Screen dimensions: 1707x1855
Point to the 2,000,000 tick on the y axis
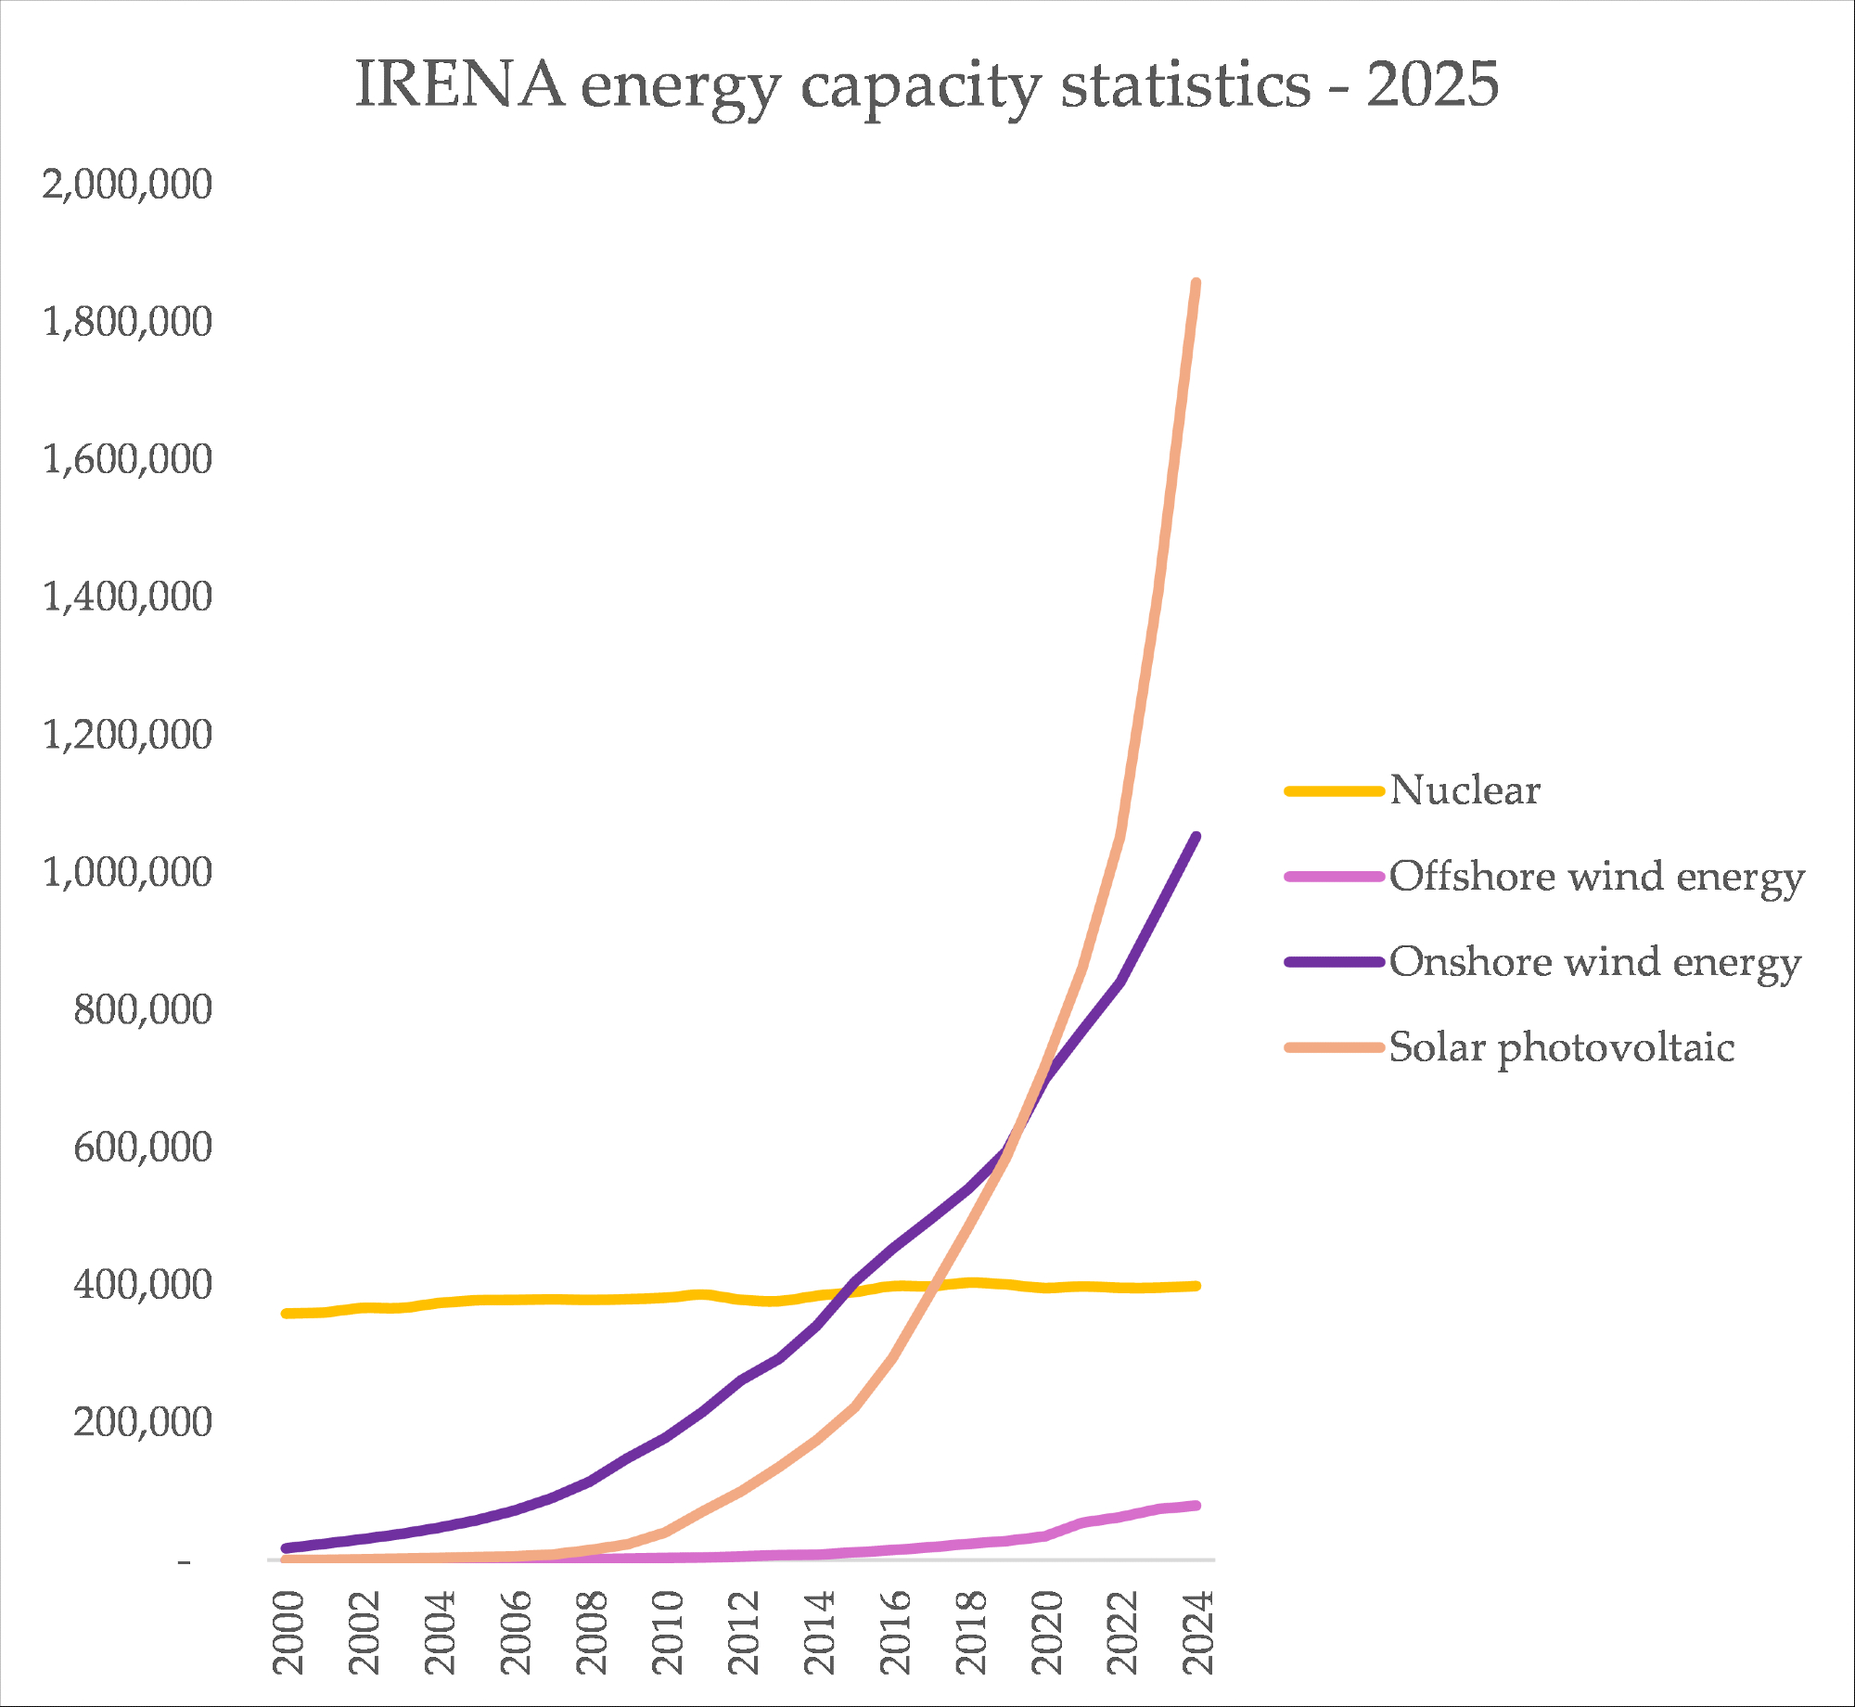(127, 184)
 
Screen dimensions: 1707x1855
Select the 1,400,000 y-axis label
(127, 597)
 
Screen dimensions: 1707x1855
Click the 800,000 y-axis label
(143, 1009)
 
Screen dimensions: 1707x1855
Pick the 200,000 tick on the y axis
(143, 1422)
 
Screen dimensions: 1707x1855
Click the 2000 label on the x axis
(289, 1632)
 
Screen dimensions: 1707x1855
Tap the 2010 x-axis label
(669, 1632)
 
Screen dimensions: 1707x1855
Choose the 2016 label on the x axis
(896, 1632)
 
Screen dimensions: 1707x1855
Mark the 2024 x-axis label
(1199, 1632)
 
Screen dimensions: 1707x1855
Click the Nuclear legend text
(1465, 790)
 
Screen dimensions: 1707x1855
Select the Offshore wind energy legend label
(1596, 877)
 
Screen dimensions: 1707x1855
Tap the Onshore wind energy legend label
(1594, 962)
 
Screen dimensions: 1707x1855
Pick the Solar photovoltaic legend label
(1561, 1047)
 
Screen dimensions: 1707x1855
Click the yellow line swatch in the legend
(1334, 791)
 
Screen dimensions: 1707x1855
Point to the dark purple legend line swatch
(1334, 962)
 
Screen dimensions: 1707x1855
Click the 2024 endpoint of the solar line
(1196, 283)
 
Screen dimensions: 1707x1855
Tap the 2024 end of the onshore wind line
(1196, 837)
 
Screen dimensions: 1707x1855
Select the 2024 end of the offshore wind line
(1196, 1506)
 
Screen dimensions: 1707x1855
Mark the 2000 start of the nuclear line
(286, 1314)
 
